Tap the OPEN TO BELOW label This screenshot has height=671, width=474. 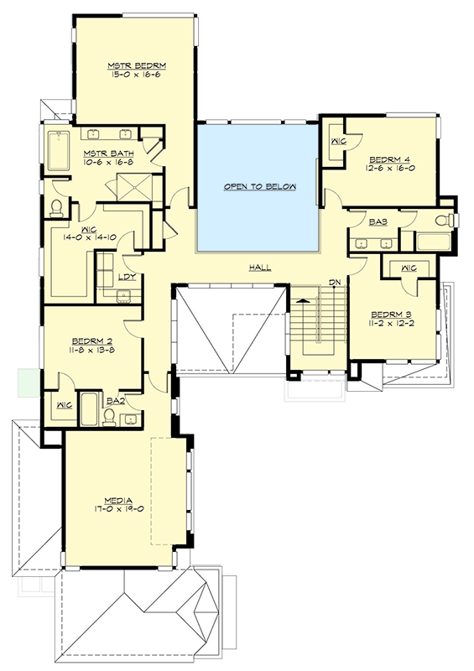[x=259, y=186]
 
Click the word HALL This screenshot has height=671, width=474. [x=259, y=268]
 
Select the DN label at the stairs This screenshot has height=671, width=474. [x=333, y=282]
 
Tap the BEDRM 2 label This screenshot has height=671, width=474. [x=92, y=341]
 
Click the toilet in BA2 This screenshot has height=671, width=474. [x=109, y=418]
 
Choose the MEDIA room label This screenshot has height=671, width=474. [x=111, y=498]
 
